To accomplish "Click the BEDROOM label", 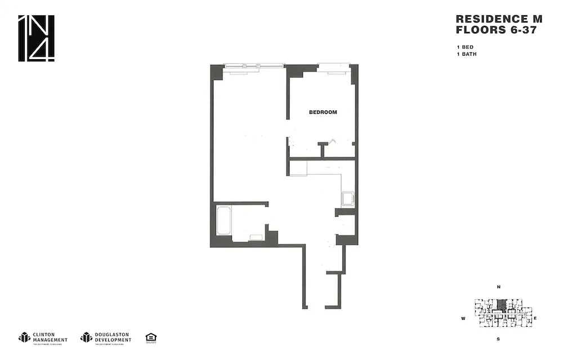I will (323, 112).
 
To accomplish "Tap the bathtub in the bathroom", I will (224, 221).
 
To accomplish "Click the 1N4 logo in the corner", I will (37, 38).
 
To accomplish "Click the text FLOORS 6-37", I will (496, 30).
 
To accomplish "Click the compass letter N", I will (498, 287).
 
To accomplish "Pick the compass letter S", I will (498, 339).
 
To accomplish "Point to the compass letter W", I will (463, 318).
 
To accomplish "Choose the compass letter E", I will (535, 318).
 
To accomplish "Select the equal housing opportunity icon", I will (150, 337).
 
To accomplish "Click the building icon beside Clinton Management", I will (24, 337).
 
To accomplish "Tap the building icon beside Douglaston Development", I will (86, 337).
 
